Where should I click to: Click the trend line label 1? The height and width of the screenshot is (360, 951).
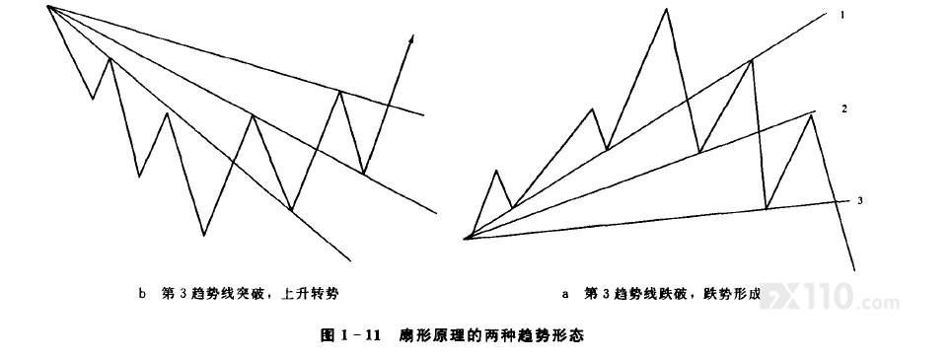(x=842, y=15)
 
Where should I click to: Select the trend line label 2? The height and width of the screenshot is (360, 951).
(x=843, y=109)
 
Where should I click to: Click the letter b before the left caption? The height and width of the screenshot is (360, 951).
(x=142, y=295)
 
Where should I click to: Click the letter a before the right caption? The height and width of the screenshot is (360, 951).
(x=565, y=295)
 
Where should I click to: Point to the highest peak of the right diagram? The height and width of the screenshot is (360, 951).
(x=666, y=9)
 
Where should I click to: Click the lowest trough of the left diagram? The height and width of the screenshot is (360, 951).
(x=204, y=235)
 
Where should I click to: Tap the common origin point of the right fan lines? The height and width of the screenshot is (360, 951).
(x=466, y=238)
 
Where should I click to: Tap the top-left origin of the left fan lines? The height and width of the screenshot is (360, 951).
(x=47, y=7)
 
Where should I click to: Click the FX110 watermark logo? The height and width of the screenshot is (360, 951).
(x=830, y=297)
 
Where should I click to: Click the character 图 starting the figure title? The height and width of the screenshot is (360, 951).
(x=328, y=335)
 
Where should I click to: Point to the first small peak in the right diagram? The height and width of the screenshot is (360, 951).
(x=496, y=172)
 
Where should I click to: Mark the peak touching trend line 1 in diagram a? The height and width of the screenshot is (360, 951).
(x=752, y=60)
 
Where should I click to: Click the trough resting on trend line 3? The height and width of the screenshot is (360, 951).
(x=767, y=208)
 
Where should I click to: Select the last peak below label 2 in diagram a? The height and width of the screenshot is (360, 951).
(x=811, y=115)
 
